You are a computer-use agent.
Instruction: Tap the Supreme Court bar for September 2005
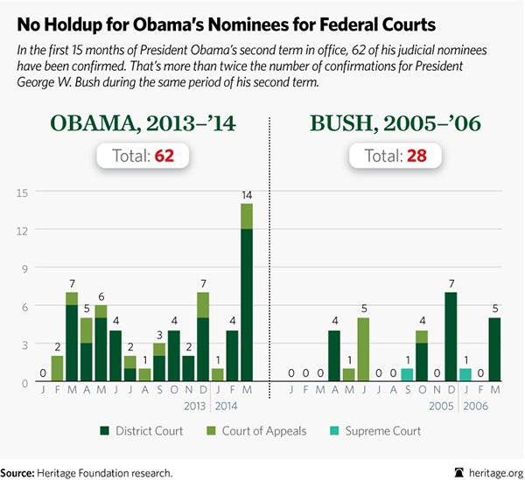tap(407, 375)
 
